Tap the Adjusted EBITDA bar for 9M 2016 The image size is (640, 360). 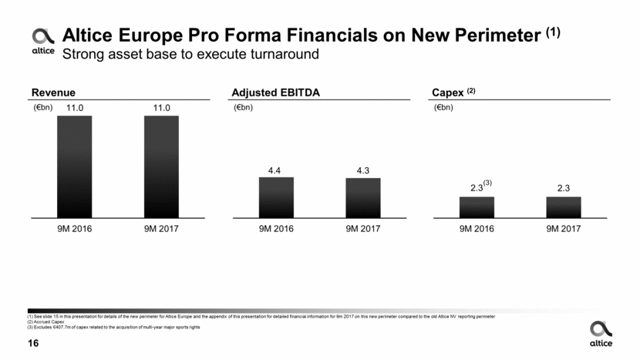275,197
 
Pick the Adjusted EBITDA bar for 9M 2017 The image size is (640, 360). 362,198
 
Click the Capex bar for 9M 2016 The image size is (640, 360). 476,207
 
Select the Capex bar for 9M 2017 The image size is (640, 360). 563,207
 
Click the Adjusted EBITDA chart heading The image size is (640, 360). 275,93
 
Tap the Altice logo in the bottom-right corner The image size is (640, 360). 600,333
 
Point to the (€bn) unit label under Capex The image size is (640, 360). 445,108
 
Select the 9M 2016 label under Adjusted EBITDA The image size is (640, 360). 275,229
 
